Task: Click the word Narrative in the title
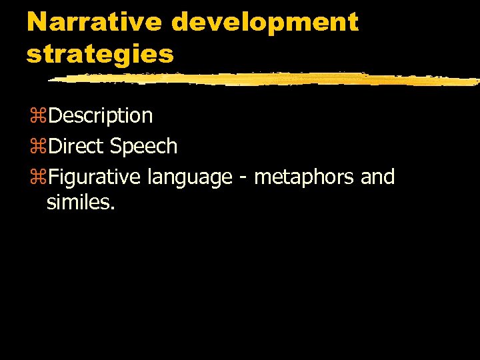[x=94, y=22]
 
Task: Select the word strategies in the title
[x=100, y=53]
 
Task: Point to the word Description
[x=101, y=116]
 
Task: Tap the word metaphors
[x=304, y=177]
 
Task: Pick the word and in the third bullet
[x=377, y=177]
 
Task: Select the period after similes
[x=113, y=207]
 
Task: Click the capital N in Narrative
[x=37, y=22]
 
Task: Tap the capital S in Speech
[x=117, y=147]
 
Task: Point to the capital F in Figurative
[x=54, y=177]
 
